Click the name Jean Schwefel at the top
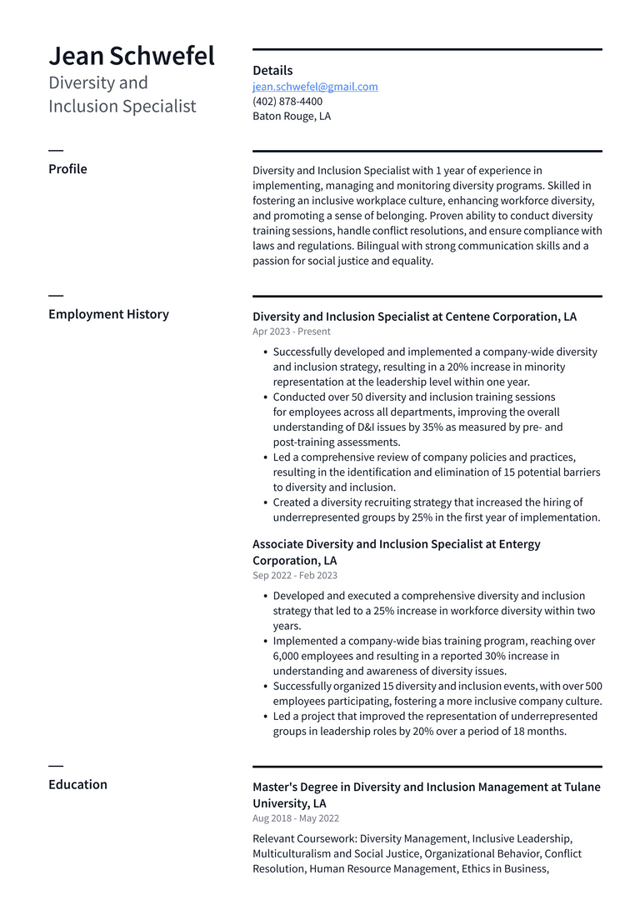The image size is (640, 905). [132, 56]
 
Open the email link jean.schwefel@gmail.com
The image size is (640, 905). [315, 87]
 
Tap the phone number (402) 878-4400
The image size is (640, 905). [287, 102]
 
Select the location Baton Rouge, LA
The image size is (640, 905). [292, 117]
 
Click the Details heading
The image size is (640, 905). [272, 71]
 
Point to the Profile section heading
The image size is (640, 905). [67, 169]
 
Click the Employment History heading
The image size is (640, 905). [108, 314]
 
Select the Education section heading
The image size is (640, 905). [77, 784]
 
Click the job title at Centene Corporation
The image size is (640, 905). [414, 317]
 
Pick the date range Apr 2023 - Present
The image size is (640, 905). [292, 332]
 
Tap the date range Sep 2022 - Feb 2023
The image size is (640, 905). [295, 576]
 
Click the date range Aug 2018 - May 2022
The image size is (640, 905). [296, 818]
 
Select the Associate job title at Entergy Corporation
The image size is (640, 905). [396, 552]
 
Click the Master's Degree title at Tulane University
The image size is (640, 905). [426, 795]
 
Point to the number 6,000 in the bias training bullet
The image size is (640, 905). [288, 657]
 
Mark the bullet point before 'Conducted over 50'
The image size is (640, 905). [265, 397]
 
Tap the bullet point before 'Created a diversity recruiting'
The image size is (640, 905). [265, 503]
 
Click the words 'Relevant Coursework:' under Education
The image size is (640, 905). [304, 839]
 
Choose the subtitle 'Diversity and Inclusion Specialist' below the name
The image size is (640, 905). [122, 94]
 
